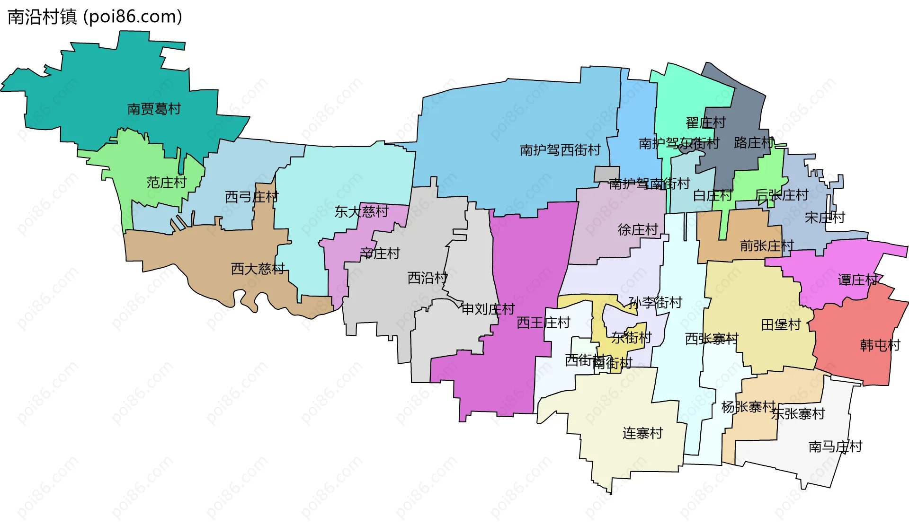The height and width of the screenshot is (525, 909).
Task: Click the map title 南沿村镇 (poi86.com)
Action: (95, 17)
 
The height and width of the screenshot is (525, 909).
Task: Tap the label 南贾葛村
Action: (154, 109)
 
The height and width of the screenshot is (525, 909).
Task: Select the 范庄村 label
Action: (166, 183)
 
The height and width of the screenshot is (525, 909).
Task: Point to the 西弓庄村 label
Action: (251, 197)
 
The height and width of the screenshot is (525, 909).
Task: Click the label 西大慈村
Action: (258, 269)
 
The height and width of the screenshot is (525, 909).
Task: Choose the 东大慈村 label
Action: (361, 212)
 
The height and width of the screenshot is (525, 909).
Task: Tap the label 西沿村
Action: (427, 278)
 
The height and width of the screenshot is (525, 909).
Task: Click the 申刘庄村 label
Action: (488, 309)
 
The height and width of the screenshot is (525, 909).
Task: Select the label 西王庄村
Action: (543, 323)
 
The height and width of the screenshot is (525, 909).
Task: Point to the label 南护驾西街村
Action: (560, 150)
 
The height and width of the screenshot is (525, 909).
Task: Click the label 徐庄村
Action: (638, 230)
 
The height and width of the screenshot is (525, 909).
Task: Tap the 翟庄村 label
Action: (705, 123)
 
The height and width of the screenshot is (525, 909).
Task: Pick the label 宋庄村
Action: (825, 218)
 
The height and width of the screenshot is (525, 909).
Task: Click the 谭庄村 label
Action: (857, 280)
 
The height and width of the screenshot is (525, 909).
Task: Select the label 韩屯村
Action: (880, 346)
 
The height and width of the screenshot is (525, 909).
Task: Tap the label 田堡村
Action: (781, 325)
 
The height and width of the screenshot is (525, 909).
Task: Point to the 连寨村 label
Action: (642, 433)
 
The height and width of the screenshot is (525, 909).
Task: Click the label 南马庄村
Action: (835, 447)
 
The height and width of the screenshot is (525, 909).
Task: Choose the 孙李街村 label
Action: (655, 303)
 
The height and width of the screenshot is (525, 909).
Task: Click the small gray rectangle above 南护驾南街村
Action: (607, 174)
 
